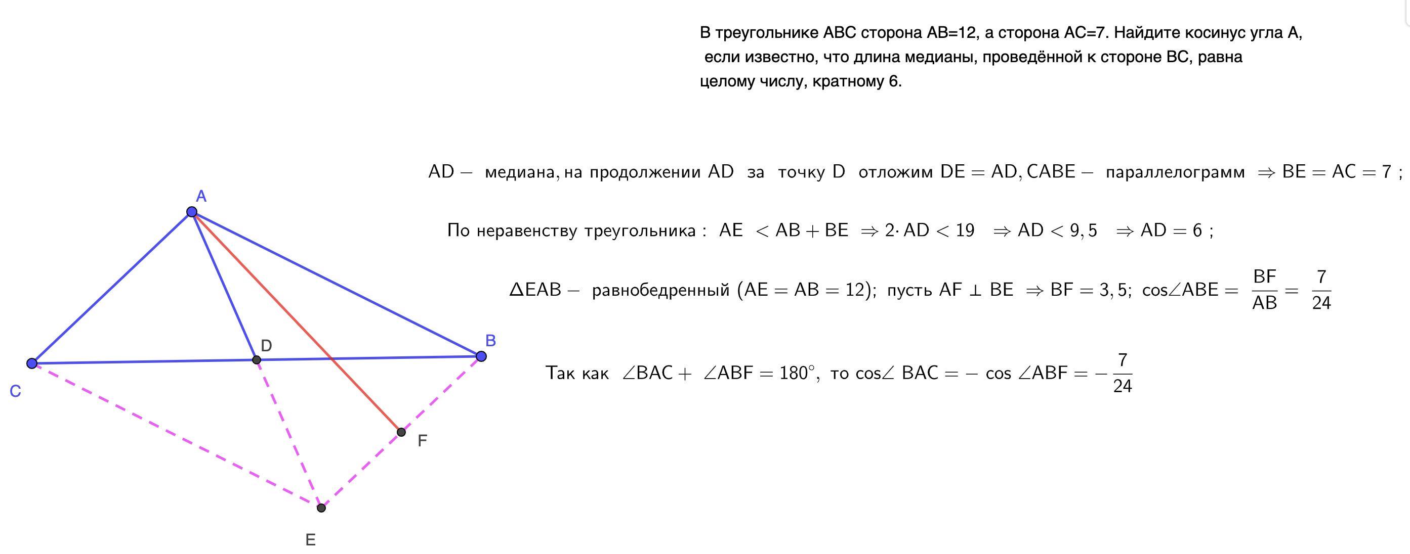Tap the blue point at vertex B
tap(481, 356)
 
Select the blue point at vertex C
tap(32, 363)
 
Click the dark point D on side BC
tap(256, 360)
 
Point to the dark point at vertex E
tap(321, 508)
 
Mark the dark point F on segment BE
tap(401, 432)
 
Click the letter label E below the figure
tap(310, 540)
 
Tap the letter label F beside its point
tap(422, 441)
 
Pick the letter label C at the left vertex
tap(15, 392)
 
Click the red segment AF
tap(296, 321)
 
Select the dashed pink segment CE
tap(175, 435)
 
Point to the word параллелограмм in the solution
tap(1175, 172)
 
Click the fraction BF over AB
tap(1264, 289)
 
